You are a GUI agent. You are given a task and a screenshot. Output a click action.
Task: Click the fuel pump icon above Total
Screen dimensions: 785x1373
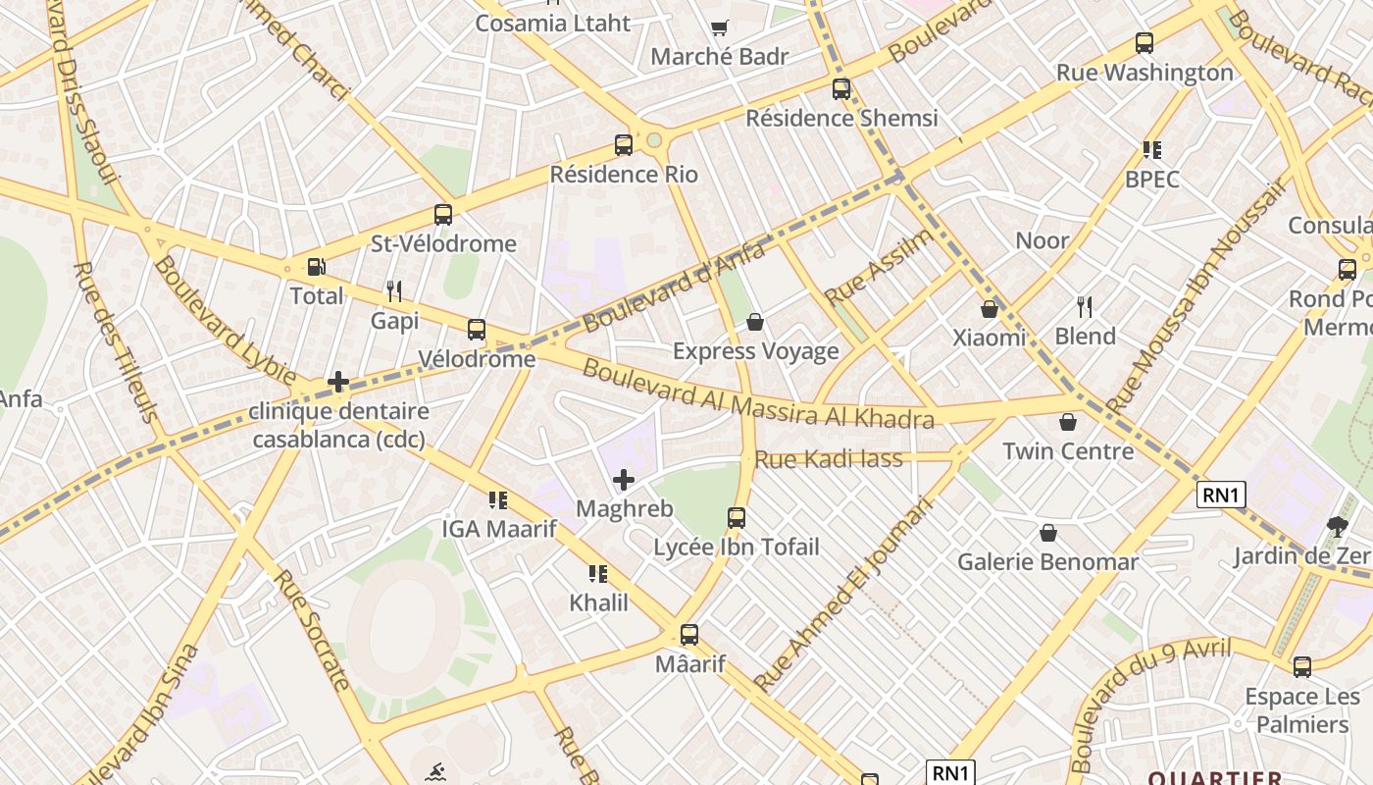point(316,267)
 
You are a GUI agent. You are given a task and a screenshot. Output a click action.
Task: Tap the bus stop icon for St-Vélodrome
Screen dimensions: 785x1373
point(443,214)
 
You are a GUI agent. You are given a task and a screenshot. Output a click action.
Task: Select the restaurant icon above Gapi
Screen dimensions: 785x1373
point(394,290)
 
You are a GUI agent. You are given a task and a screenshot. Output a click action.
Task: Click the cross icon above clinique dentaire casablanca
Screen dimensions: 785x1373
point(338,382)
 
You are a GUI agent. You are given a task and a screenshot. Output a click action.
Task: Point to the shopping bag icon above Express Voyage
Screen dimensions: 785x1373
point(755,322)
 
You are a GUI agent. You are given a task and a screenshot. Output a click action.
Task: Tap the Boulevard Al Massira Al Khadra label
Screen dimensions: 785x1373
point(757,394)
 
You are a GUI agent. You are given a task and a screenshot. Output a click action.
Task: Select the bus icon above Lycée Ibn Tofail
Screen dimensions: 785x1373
point(737,517)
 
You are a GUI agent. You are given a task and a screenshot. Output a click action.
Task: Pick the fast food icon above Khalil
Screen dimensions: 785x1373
point(598,573)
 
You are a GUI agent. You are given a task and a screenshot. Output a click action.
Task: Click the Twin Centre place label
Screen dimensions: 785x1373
point(1068,451)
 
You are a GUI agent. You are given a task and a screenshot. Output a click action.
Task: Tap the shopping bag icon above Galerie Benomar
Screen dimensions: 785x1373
point(1048,533)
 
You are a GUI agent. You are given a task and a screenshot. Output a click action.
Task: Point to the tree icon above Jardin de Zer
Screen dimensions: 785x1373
point(1337,527)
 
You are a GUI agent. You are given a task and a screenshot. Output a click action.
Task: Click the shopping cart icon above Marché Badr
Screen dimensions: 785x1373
point(720,27)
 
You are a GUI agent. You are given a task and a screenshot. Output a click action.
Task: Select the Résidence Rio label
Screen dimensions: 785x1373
point(624,175)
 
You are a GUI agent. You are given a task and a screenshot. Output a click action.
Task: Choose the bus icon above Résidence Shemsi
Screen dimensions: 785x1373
point(841,89)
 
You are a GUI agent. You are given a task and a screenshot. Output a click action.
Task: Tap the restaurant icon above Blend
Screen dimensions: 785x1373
point(1085,307)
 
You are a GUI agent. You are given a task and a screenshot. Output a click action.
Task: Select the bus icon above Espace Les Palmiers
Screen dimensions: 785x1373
point(1302,667)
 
